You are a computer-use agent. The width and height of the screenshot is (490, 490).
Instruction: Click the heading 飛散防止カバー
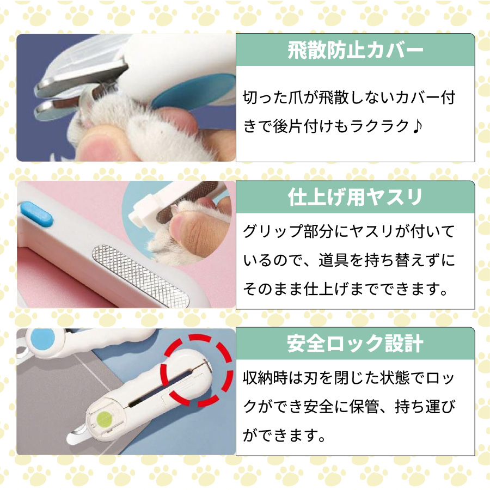[355, 51]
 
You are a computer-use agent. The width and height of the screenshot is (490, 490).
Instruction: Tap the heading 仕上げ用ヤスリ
[355, 197]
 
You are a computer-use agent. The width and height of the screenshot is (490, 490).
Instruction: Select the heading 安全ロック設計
[355, 344]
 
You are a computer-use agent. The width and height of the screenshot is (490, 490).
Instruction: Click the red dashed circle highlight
[196, 370]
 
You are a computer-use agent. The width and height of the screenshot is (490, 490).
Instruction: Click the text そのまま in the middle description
[274, 289]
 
